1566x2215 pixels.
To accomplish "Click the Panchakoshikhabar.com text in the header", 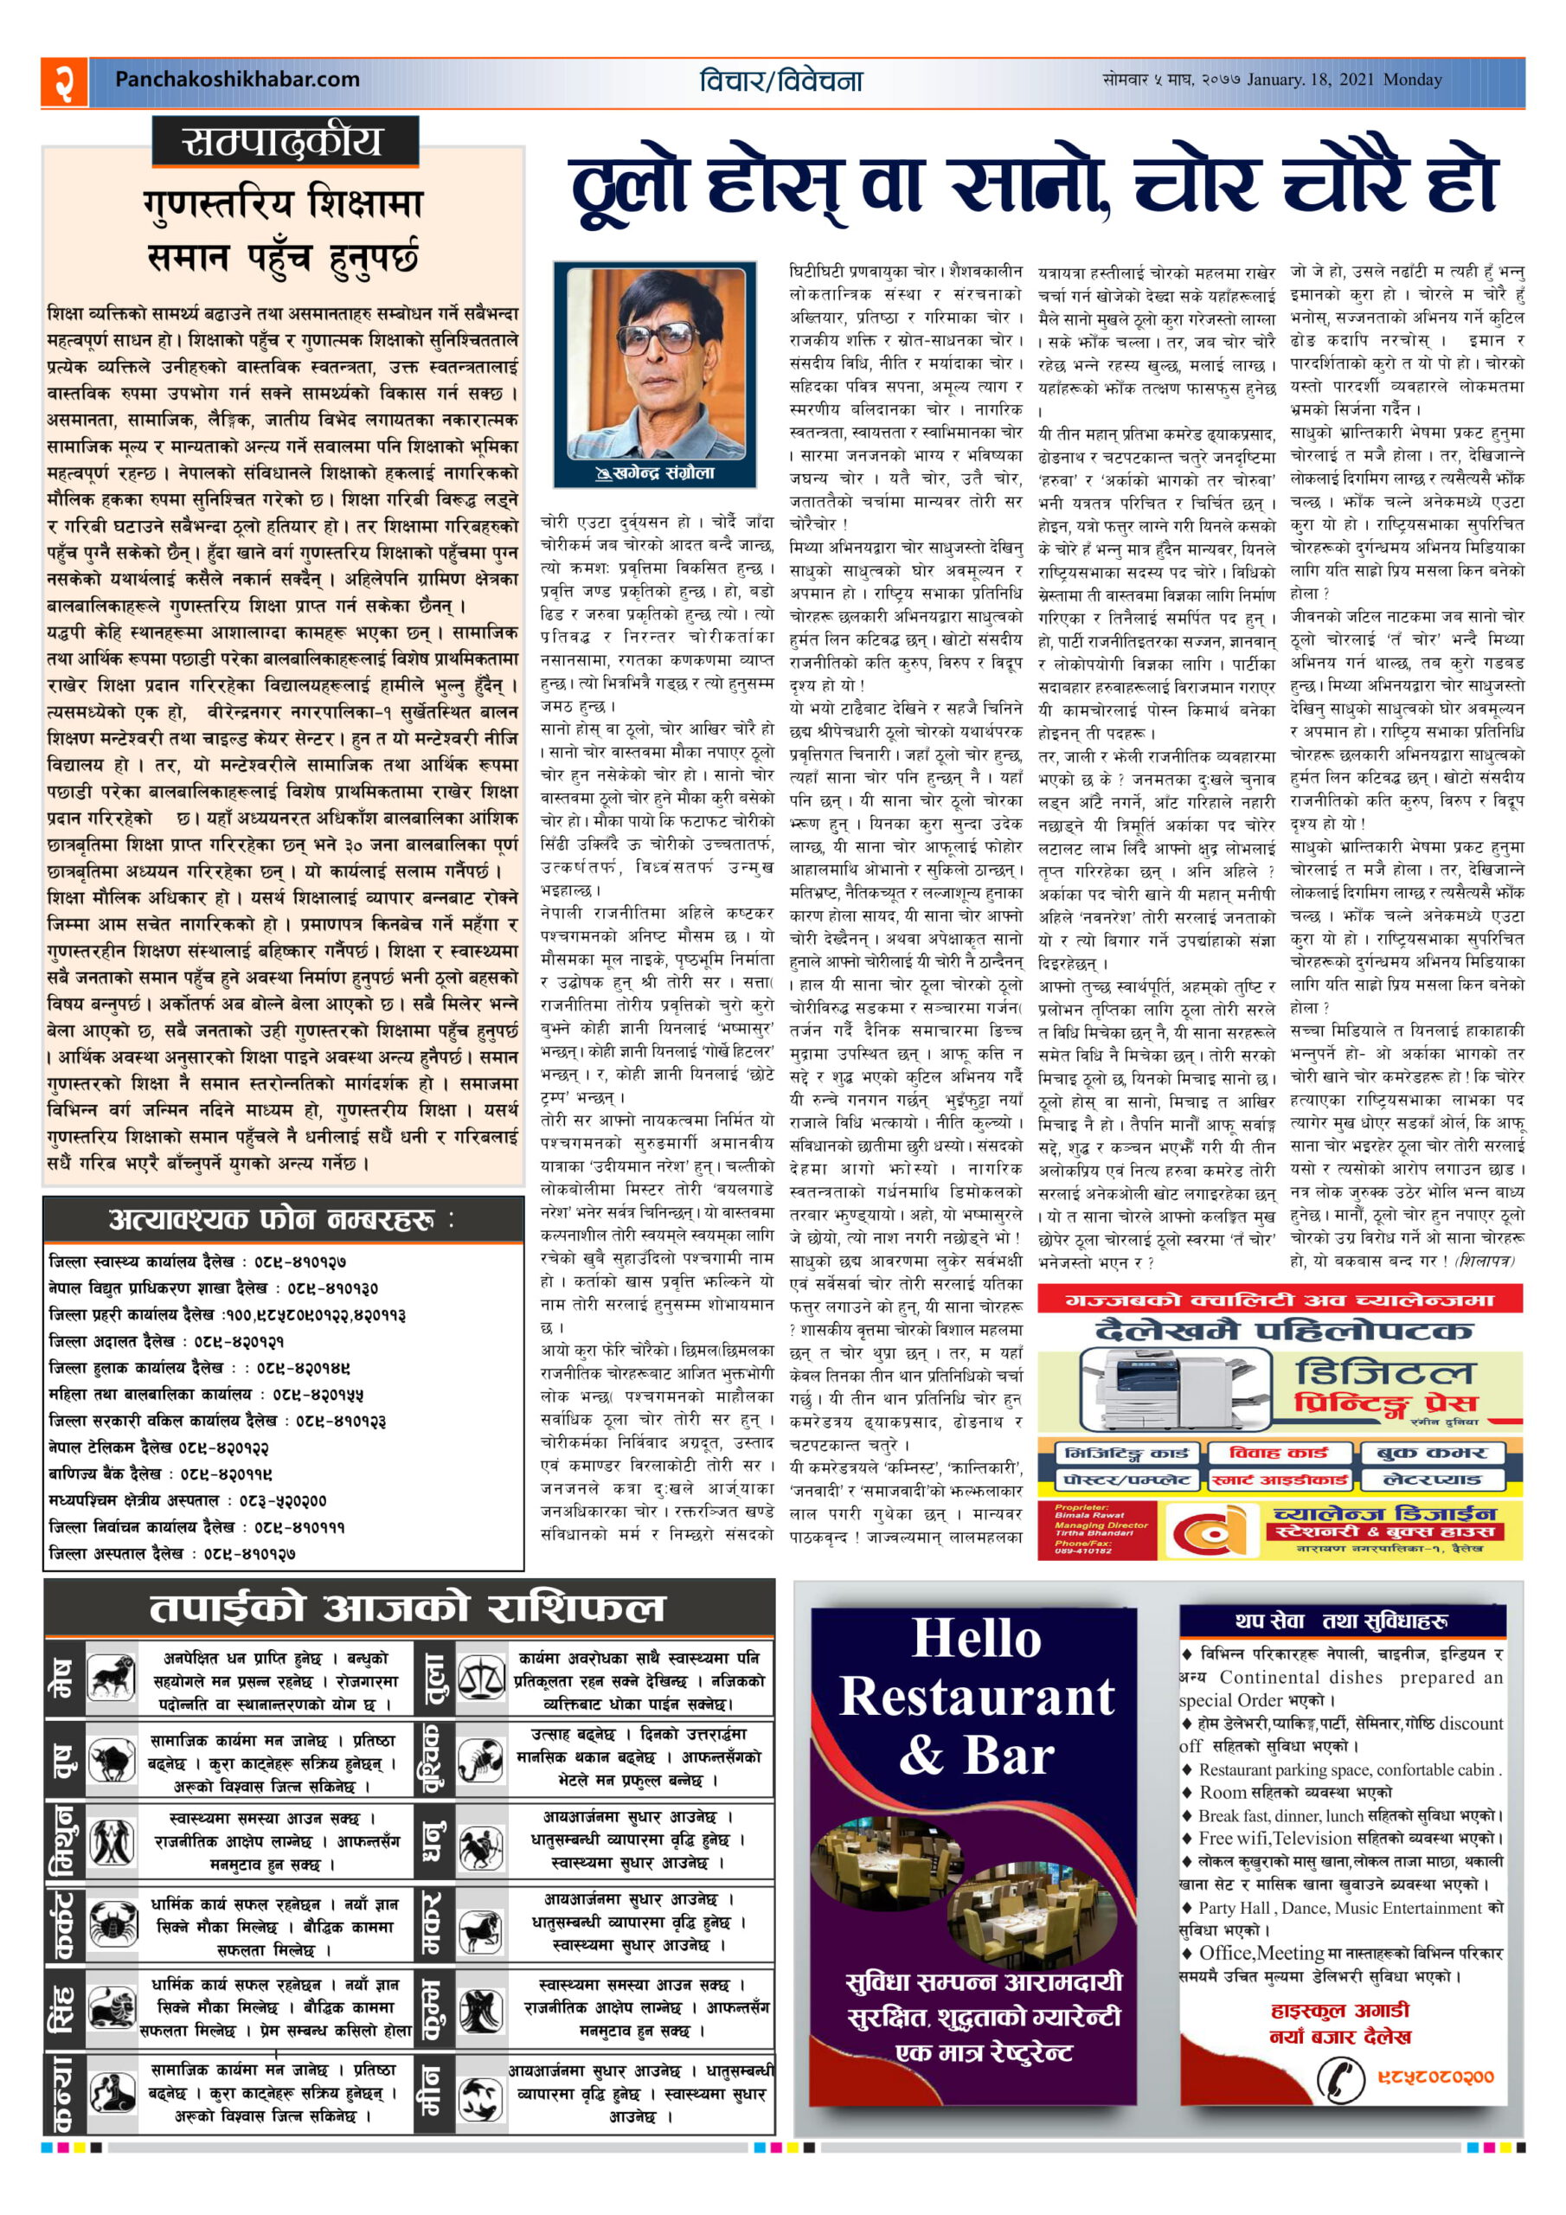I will click(x=236, y=80).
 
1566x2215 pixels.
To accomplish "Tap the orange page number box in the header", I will click(x=65, y=81).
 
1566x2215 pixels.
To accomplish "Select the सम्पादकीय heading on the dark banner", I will click(x=284, y=144).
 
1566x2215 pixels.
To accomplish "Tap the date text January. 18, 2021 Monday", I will click(x=1344, y=80).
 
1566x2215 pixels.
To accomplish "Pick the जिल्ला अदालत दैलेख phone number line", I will click(x=166, y=1341).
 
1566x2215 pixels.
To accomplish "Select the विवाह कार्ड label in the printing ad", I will click(x=1279, y=1453).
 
